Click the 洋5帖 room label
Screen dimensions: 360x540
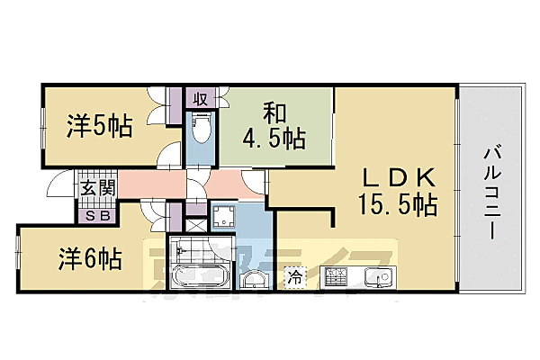pyautogui.click(x=98, y=127)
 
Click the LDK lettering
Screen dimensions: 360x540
pyautogui.click(x=400, y=176)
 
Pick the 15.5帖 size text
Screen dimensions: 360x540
pyautogui.click(x=400, y=205)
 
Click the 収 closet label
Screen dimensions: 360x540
pyautogui.click(x=200, y=97)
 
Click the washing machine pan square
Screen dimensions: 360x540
pyautogui.click(x=224, y=216)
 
